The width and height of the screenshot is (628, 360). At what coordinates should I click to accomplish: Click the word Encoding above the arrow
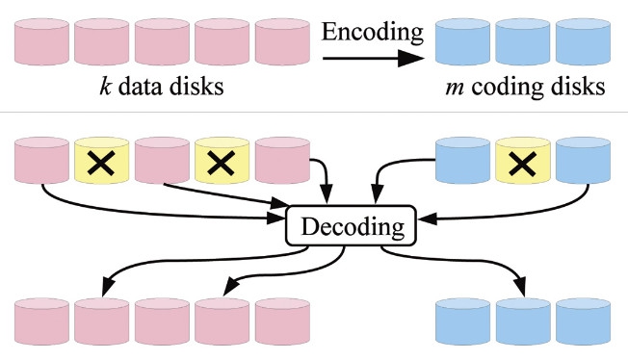(374, 32)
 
